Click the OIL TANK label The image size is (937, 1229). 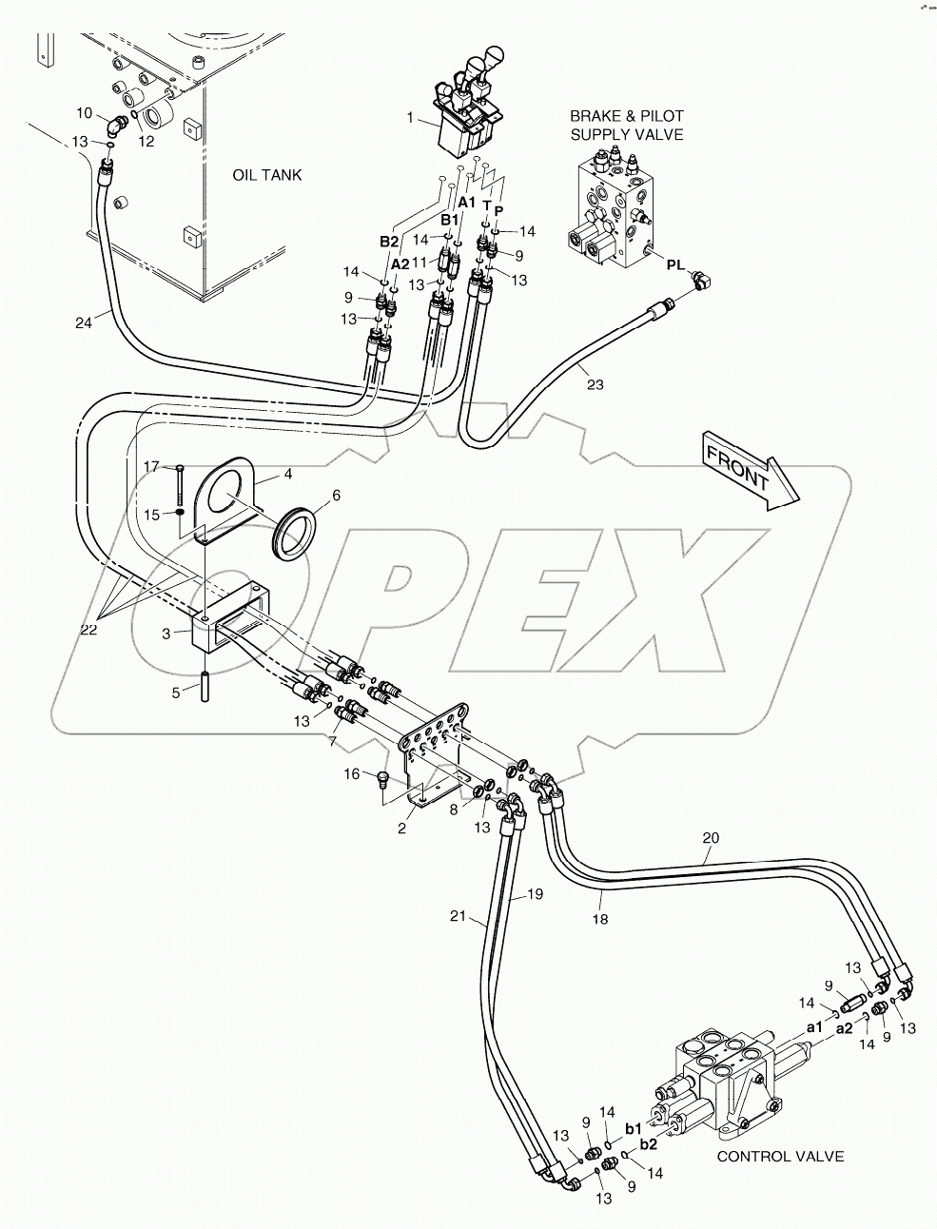pyautogui.click(x=266, y=175)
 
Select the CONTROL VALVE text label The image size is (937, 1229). pyautogui.click(x=780, y=1157)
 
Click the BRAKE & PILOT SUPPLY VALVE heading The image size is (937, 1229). pyautogui.click(x=626, y=125)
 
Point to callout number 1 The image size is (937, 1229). pyautogui.click(x=411, y=119)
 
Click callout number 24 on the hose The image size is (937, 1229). pyautogui.click(x=84, y=323)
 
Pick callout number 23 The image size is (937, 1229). pyautogui.click(x=595, y=385)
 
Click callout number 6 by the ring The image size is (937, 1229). pyautogui.click(x=308, y=496)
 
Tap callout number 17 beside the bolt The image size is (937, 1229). pyautogui.click(x=151, y=466)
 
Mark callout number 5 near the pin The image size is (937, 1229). pyautogui.click(x=175, y=692)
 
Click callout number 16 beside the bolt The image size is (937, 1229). pyautogui.click(x=352, y=774)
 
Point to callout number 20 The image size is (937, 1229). pyautogui.click(x=711, y=838)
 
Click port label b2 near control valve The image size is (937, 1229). pyautogui.click(x=649, y=1144)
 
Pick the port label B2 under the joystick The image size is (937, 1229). pyautogui.click(x=389, y=242)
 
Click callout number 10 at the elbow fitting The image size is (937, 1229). pyautogui.click(x=84, y=113)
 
